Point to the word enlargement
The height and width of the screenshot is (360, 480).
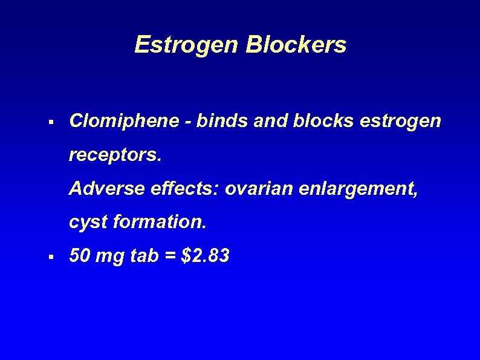(361, 190)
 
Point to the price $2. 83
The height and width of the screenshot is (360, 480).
(206, 257)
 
